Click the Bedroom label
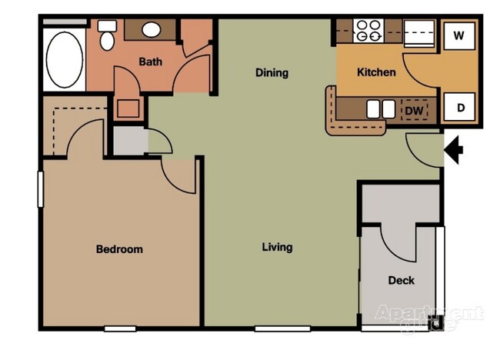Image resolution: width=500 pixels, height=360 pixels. tap(119, 249)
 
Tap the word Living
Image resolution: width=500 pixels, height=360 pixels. tap(277, 248)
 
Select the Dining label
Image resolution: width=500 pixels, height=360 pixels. tap(272, 73)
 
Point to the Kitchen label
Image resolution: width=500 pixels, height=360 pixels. tap(377, 73)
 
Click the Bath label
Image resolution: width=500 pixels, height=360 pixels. tap(149, 62)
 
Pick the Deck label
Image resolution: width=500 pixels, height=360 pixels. tap(401, 281)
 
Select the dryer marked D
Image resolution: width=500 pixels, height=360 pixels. tap(461, 108)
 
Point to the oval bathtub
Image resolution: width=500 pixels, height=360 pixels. tap(65, 58)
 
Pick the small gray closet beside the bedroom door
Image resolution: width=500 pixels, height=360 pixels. tap(128, 141)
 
